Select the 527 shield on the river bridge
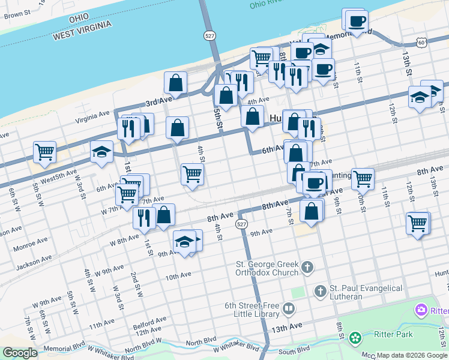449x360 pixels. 209,35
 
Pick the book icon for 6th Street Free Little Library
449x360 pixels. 289,309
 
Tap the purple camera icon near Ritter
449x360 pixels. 421,310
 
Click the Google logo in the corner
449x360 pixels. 20,353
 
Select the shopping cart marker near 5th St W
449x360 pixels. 44,152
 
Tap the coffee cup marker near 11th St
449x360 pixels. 356,20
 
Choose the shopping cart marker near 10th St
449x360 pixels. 363,178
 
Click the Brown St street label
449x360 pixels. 17,14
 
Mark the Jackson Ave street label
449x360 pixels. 32,263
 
